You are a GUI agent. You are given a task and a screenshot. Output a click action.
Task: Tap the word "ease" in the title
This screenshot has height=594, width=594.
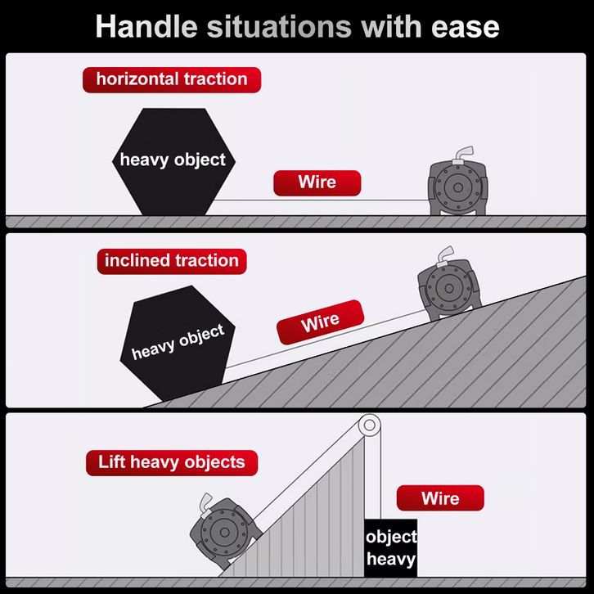tap(466, 26)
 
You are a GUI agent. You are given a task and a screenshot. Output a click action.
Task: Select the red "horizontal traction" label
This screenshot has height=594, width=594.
tap(171, 79)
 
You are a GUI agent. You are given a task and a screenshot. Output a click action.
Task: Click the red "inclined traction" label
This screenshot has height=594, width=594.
tap(171, 261)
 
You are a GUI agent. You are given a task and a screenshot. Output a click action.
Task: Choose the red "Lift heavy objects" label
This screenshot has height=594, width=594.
tap(171, 462)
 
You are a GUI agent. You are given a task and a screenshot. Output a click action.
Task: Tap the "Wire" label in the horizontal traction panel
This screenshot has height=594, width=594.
tap(317, 182)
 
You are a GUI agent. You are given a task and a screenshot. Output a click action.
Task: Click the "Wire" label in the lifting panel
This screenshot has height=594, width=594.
tap(440, 498)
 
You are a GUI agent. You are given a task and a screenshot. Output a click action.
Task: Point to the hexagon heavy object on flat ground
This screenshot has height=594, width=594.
tap(173, 160)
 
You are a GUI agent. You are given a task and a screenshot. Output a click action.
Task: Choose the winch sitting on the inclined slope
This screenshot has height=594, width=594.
tap(446, 288)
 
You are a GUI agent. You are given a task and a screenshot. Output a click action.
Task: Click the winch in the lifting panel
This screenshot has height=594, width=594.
tap(223, 532)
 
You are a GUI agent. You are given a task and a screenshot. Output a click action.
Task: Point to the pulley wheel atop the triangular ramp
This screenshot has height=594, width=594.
tap(369, 425)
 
